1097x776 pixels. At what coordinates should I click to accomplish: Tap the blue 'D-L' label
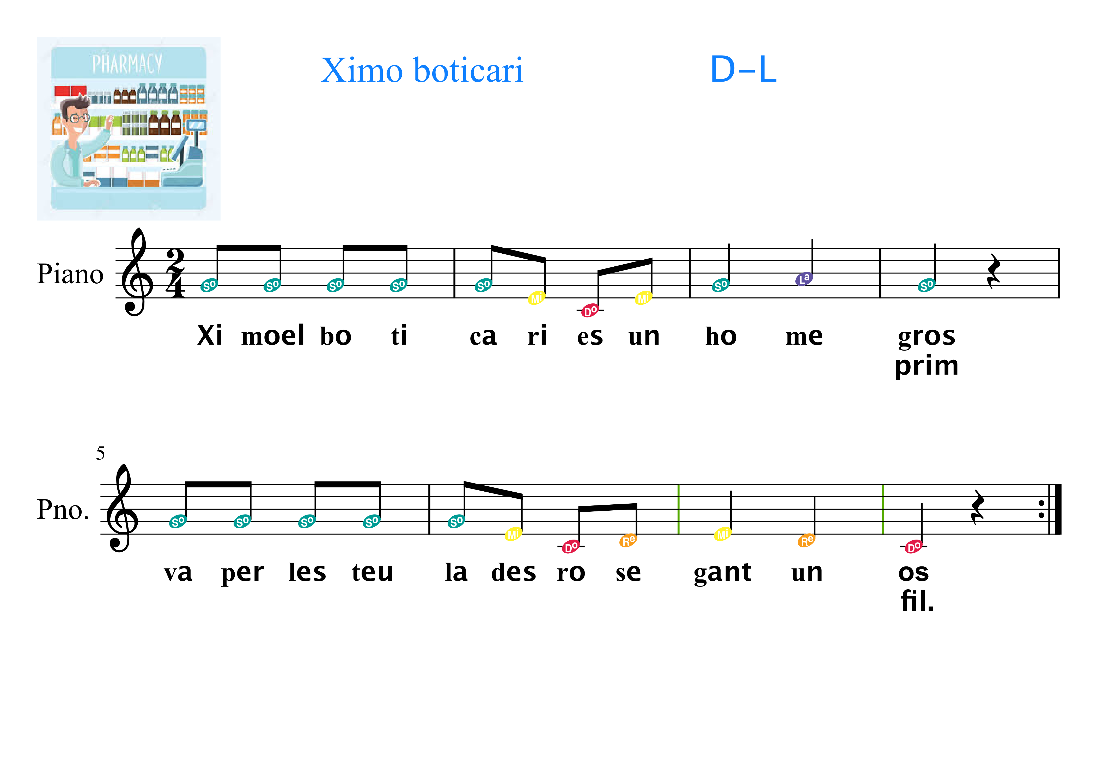pyautogui.click(x=743, y=70)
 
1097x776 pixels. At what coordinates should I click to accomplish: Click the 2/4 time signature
pyautogui.click(x=175, y=273)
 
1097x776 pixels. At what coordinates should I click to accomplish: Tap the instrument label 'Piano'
pyautogui.click(x=70, y=274)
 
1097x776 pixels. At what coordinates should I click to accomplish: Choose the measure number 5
pyautogui.click(x=100, y=453)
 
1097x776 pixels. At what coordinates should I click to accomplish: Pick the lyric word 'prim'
pyautogui.click(x=927, y=366)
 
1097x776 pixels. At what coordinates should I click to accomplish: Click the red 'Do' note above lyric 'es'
pyautogui.click(x=590, y=311)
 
